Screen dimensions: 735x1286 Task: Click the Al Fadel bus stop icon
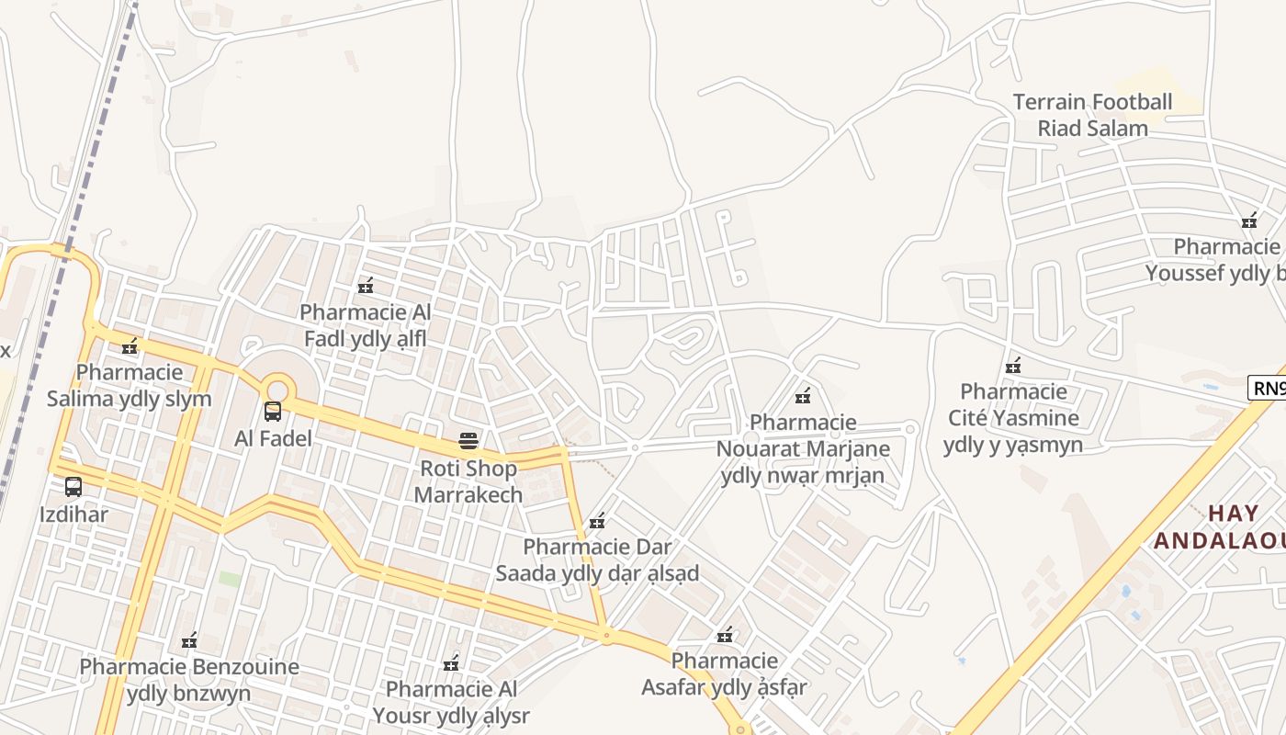(x=273, y=411)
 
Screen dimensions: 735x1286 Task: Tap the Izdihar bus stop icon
(x=73, y=487)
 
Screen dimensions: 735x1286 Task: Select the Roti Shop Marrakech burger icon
(x=468, y=441)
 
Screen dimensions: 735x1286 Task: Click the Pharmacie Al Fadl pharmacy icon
(x=366, y=286)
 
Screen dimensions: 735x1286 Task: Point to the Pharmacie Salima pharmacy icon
(x=130, y=346)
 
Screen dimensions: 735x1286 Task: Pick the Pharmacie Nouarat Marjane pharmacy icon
(x=803, y=396)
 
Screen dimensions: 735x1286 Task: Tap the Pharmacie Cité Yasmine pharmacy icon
(x=1013, y=366)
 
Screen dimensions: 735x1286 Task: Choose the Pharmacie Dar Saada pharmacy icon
(x=597, y=521)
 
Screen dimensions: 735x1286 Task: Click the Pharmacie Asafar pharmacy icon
(x=725, y=635)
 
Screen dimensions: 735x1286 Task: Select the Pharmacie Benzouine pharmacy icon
(x=189, y=639)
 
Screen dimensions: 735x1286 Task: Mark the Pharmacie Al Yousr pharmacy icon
(x=451, y=662)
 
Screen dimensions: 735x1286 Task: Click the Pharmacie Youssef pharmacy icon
(x=1249, y=220)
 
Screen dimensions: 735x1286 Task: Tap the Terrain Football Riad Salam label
(x=1093, y=115)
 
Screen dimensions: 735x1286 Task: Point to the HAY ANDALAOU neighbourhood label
(x=1220, y=526)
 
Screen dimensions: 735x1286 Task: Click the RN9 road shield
(x=1268, y=388)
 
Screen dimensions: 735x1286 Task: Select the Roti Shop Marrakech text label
(x=468, y=481)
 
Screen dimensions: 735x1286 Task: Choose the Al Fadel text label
(x=273, y=438)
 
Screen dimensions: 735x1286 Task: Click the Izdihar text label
(x=73, y=514)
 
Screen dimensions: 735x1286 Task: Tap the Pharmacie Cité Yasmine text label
(x=1013, y=418)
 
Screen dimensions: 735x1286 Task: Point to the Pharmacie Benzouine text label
(x=189, y=680)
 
